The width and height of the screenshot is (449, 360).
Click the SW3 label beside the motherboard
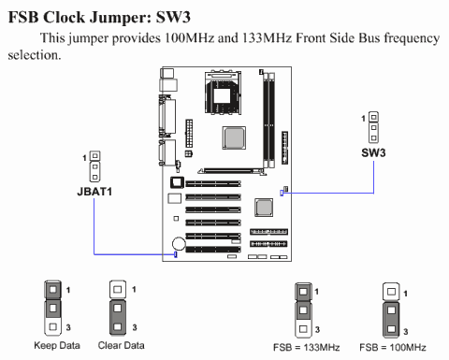pyautogui.click(x=373, y=152)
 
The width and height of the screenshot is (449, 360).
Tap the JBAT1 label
pyautogui.click(x=94, y=192)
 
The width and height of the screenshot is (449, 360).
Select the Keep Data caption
pyautogui.click(x=57, y=345)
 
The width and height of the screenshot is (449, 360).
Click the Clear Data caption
pyautogui.click(x=121, y=345)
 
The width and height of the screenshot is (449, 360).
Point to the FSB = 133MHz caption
pyautogui.click(x=306, y=347)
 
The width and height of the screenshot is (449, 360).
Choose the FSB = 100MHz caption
pyautogui.click(x=393, y=347)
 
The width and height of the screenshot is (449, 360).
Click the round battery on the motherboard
pyautogui.click(x=179, y=243)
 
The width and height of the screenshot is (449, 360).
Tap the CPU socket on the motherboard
pyautogui.click(x=223, y=93)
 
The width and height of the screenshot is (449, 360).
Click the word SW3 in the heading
pyautogui.click(x=173, y=17)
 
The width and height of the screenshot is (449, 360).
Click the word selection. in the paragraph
pyautogui.click(x=35, y=55)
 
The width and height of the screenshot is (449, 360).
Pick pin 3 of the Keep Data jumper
pyautogui.click(x=53, y=326)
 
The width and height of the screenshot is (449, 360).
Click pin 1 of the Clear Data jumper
pyautogui.click(x=118, y=290)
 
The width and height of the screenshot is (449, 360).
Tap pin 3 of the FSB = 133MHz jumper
pyautogui.click(x=303, y=329)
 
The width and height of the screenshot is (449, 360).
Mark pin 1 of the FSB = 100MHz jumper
pyautogui.click(x=391, y=292)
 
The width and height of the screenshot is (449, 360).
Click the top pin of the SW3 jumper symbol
pyautogui.click(x=373, y=117)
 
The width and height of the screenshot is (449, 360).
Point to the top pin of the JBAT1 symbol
pyautogui.click(x=95, y=156)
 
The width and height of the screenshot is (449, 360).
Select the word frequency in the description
pyautogui.click(x=412, y=38)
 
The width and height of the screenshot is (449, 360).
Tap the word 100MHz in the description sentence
pyautogui.click(x=190, y=38)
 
